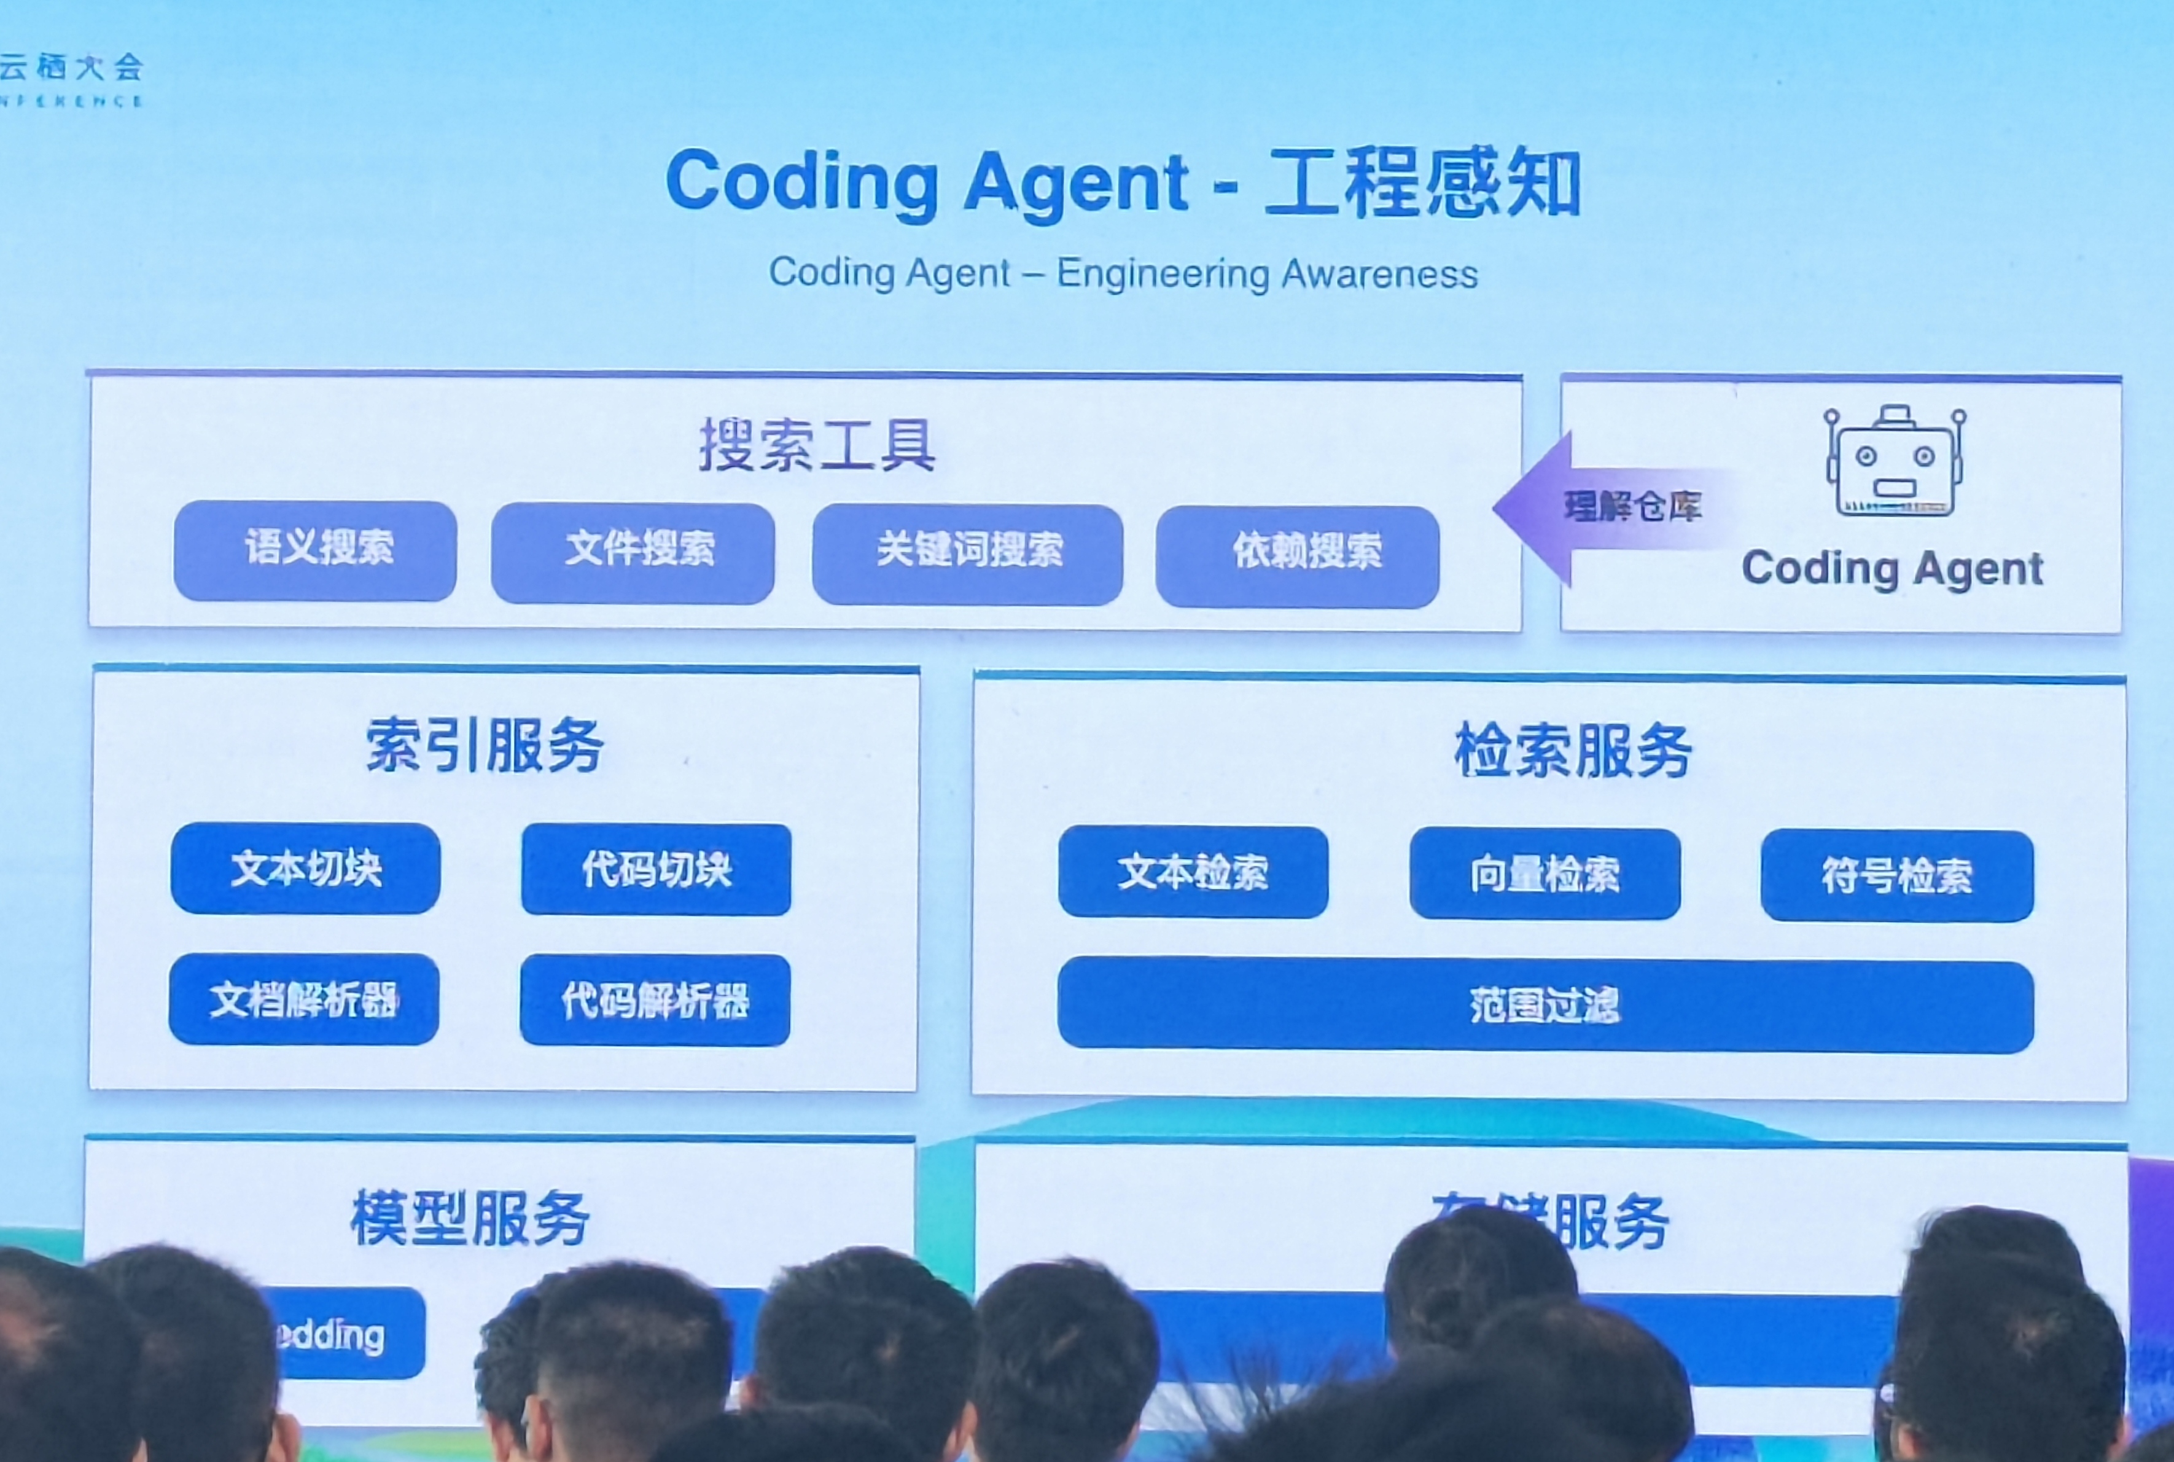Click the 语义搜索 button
(315, 550)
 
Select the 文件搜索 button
(633, 553)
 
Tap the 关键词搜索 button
(968, 555)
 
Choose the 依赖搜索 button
(1298, 557)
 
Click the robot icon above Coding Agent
(1895, 461)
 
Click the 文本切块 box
(306, 868)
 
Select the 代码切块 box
(656, 870)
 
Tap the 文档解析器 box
(304, 999)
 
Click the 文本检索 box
(1193, 872)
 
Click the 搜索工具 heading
(817, 446)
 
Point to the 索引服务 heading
(485, 746)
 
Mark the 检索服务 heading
(1573, 751)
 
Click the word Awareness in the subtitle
(1380, 274)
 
